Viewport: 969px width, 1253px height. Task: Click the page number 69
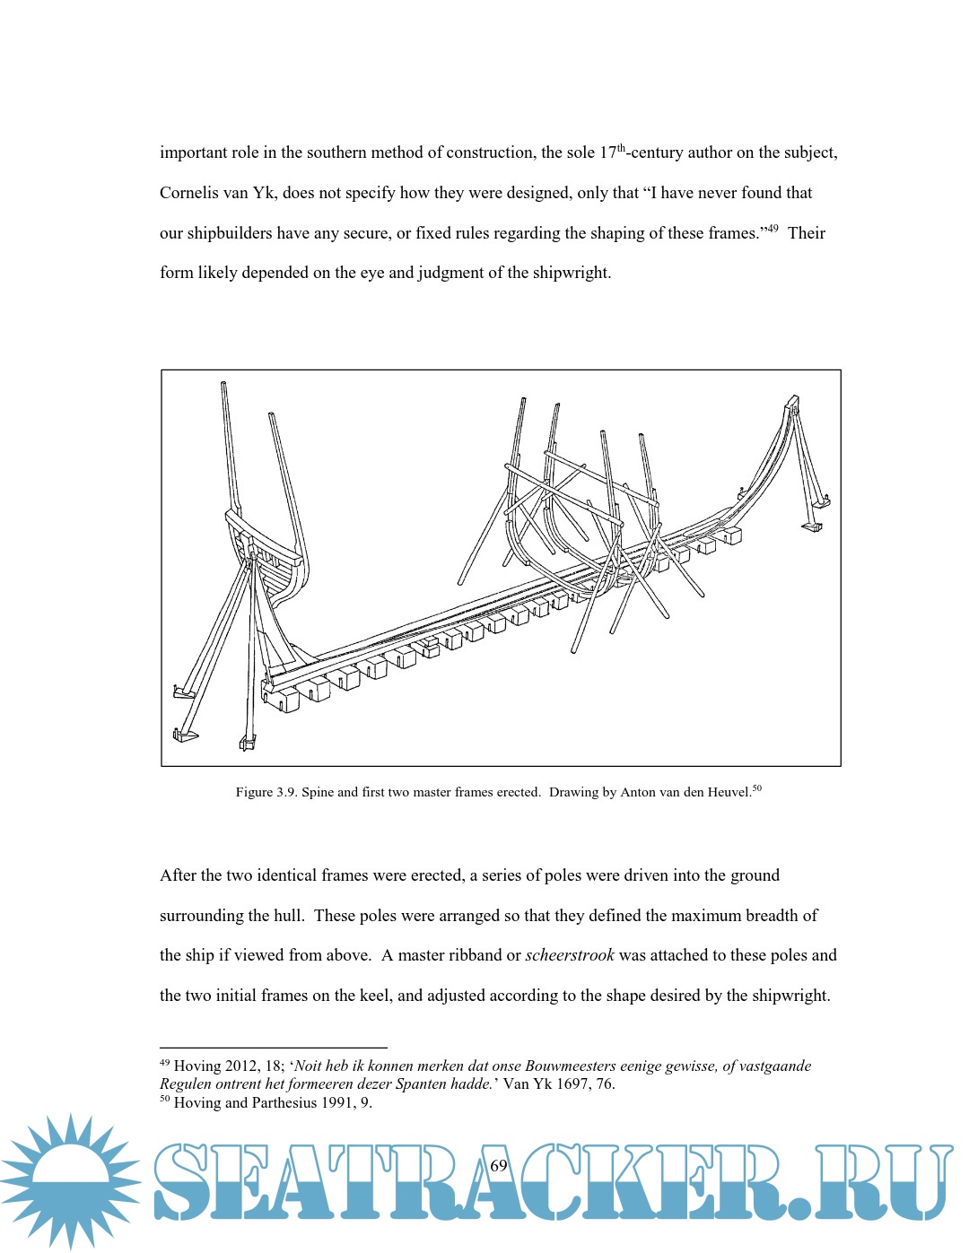coord(499,1165)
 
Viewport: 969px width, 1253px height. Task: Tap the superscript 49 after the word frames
coord(772,229)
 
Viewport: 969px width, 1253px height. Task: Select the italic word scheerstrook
coord(570,955)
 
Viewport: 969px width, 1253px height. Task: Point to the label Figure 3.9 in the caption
coord(266,792)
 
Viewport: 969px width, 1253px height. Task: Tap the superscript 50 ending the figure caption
coord(757,788)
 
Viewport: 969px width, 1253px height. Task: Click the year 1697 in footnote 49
coord(575,1083)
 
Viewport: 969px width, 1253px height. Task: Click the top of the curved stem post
coord(791,401)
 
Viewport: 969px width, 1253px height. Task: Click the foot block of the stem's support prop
coord(813,526)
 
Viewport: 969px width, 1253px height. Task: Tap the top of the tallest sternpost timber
coord(223,386)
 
